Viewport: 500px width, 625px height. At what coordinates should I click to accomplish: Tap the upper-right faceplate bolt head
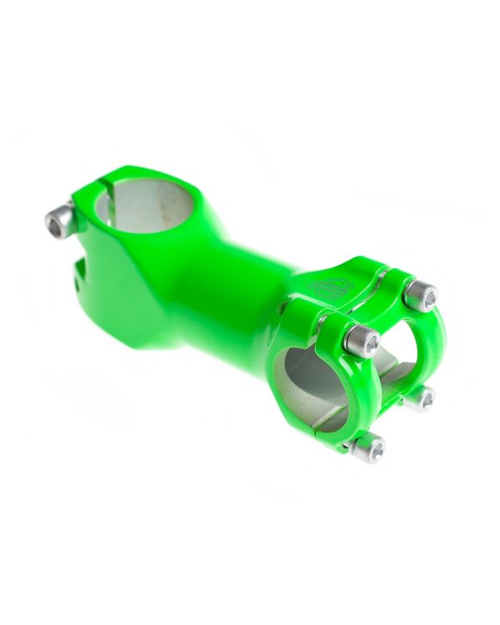[419, 293]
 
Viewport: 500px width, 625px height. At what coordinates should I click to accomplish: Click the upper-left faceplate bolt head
[362, 338]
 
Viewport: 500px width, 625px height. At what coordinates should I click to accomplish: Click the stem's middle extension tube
[250, 275]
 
